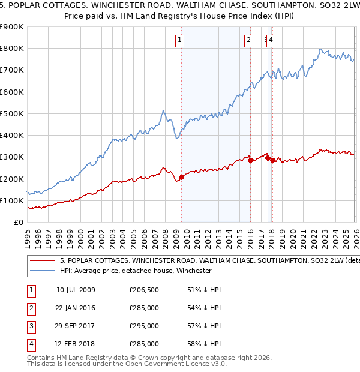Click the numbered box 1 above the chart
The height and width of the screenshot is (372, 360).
click(180, 40)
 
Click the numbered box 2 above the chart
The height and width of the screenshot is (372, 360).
click(248, 40)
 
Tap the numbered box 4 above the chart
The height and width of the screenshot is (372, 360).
click(272, 40)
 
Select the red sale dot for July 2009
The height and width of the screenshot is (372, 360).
click(181, 177)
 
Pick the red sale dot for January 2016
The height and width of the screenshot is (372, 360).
click(250, 160)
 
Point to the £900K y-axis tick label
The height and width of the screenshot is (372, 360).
click(12, 27)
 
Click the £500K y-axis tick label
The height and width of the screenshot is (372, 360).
click(12, 113)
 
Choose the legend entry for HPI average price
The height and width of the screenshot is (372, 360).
click(136, 271)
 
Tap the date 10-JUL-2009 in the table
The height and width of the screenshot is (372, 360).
click(76, 290)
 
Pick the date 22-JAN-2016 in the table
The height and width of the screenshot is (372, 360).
click(76, 308)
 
